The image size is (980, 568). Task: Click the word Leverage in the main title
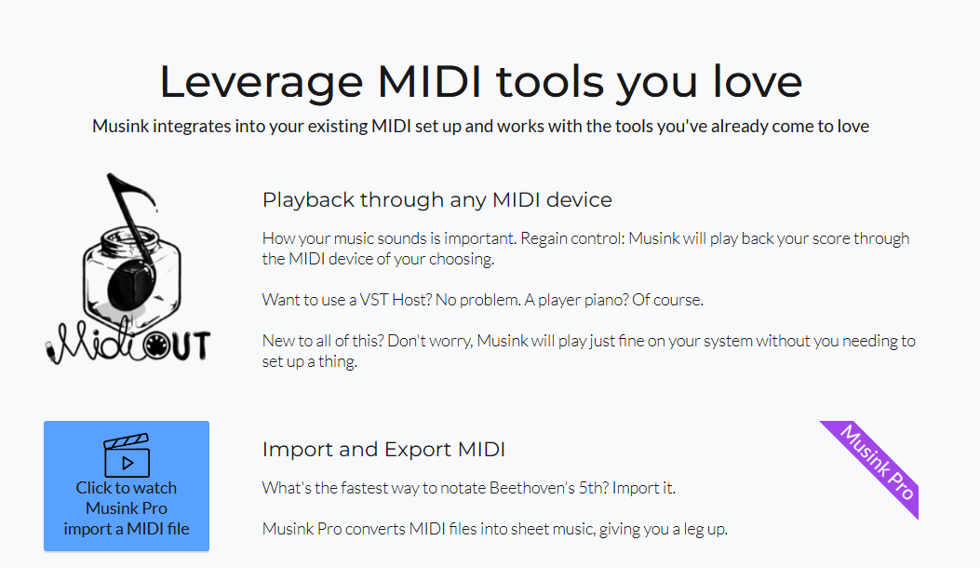[x=262, y=83]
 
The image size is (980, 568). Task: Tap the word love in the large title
[x=758, y=81]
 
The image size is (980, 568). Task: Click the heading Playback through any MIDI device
[x=436, y=199]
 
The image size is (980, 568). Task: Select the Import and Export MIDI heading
[x=383, y=449]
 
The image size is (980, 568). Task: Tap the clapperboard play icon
[x=127, y=455]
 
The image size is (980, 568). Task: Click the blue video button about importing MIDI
[x=127, y=486]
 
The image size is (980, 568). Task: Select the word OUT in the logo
[x=189, y=346]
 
